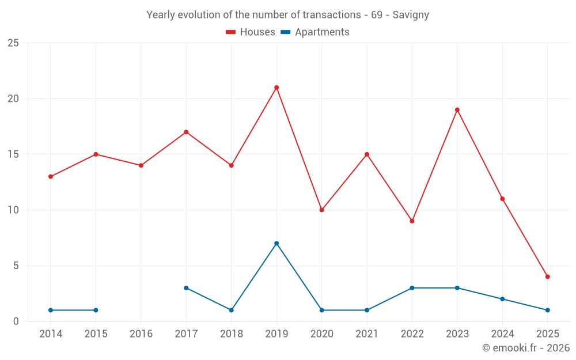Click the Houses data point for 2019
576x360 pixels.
click(276, 88)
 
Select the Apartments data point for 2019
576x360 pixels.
click(276, 243)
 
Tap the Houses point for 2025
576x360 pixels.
click(548, 276)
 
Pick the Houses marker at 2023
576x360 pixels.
click(457, 109)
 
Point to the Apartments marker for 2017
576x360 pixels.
click(186, 287)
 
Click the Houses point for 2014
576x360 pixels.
click(51, 176)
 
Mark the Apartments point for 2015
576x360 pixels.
click(96, 310)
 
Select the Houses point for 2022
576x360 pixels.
click(412, 221)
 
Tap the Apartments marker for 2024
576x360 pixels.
click(502, 299)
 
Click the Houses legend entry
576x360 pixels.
click(251, 32)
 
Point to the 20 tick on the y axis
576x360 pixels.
click(13, 98)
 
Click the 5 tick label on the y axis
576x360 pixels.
click(16, 266)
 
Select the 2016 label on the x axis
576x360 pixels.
click(141, 334)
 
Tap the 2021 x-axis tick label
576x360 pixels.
click(367, 334)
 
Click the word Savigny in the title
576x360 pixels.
click(411, 15)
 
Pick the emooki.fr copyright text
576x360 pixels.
click(526, 348)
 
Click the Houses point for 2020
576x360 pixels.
click(321, 210)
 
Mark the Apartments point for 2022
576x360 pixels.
click(412, 287)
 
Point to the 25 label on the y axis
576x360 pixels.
click(13, 43)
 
